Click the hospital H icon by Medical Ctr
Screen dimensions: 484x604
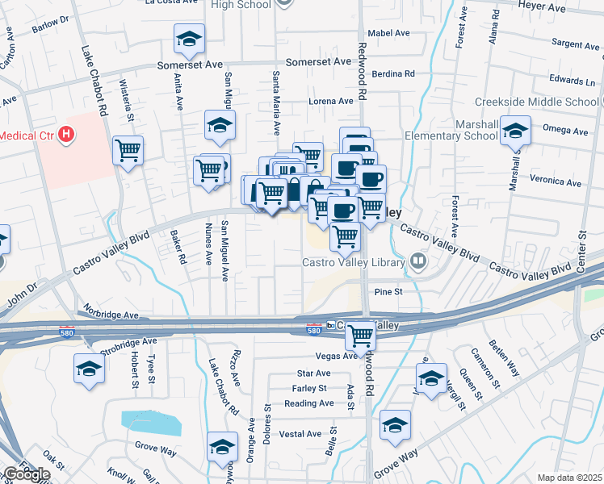(x=67, y=134)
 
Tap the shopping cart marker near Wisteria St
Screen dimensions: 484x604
(x=128, y=150)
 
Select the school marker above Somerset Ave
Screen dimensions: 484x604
(x=189, y=38)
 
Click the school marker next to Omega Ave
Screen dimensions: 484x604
(x=514, y=131)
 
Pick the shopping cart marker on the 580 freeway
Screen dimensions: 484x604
(x=359, y=333)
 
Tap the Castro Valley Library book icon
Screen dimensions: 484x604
(x=418, y=261)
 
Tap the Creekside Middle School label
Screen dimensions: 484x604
(x=536, y=102)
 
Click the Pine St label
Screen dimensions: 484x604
(x=388, y=292)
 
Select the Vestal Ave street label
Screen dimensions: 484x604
(x=300, y=434)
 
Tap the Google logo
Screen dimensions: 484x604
(x=27, y=474)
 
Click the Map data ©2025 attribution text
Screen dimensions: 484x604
(x=569, y=478)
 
